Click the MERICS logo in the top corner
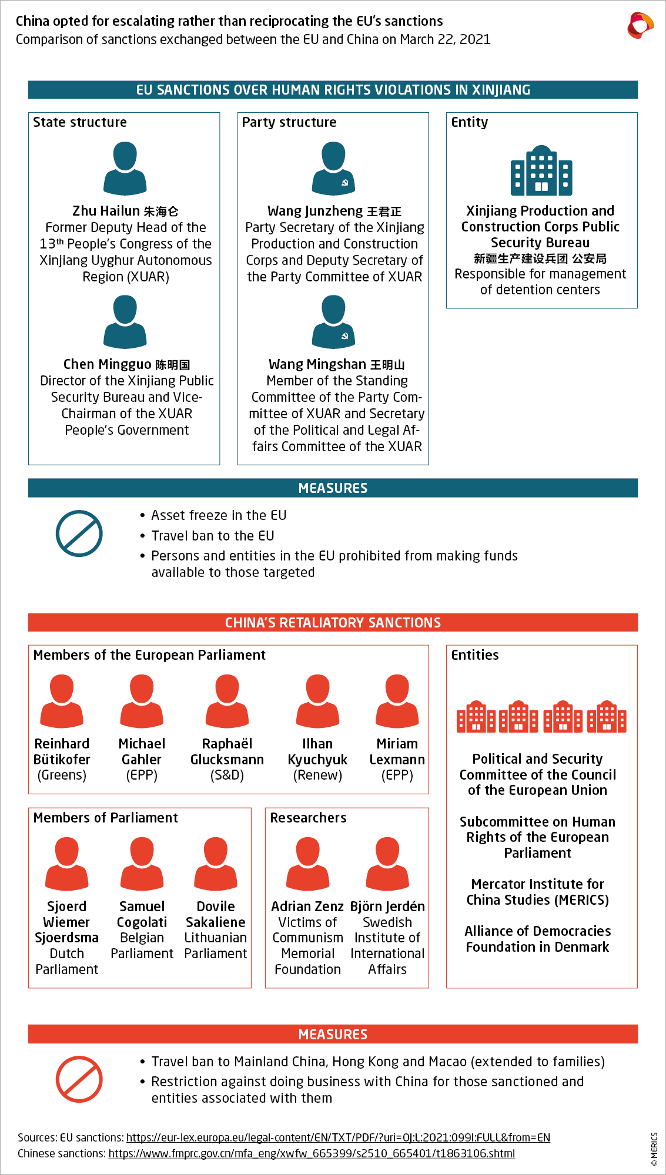640,25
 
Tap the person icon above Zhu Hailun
125,168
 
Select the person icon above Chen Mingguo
125,321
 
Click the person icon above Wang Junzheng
333,168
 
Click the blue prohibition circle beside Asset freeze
79,533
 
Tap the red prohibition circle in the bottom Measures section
79,1079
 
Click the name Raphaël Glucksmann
227,751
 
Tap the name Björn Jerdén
387,907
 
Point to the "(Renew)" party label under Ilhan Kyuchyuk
317,775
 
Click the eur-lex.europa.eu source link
338,1137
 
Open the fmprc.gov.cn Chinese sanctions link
312,1153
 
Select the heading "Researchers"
308,818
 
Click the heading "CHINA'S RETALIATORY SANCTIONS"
333,623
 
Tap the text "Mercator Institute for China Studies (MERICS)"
537,892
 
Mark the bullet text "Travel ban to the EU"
213,536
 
